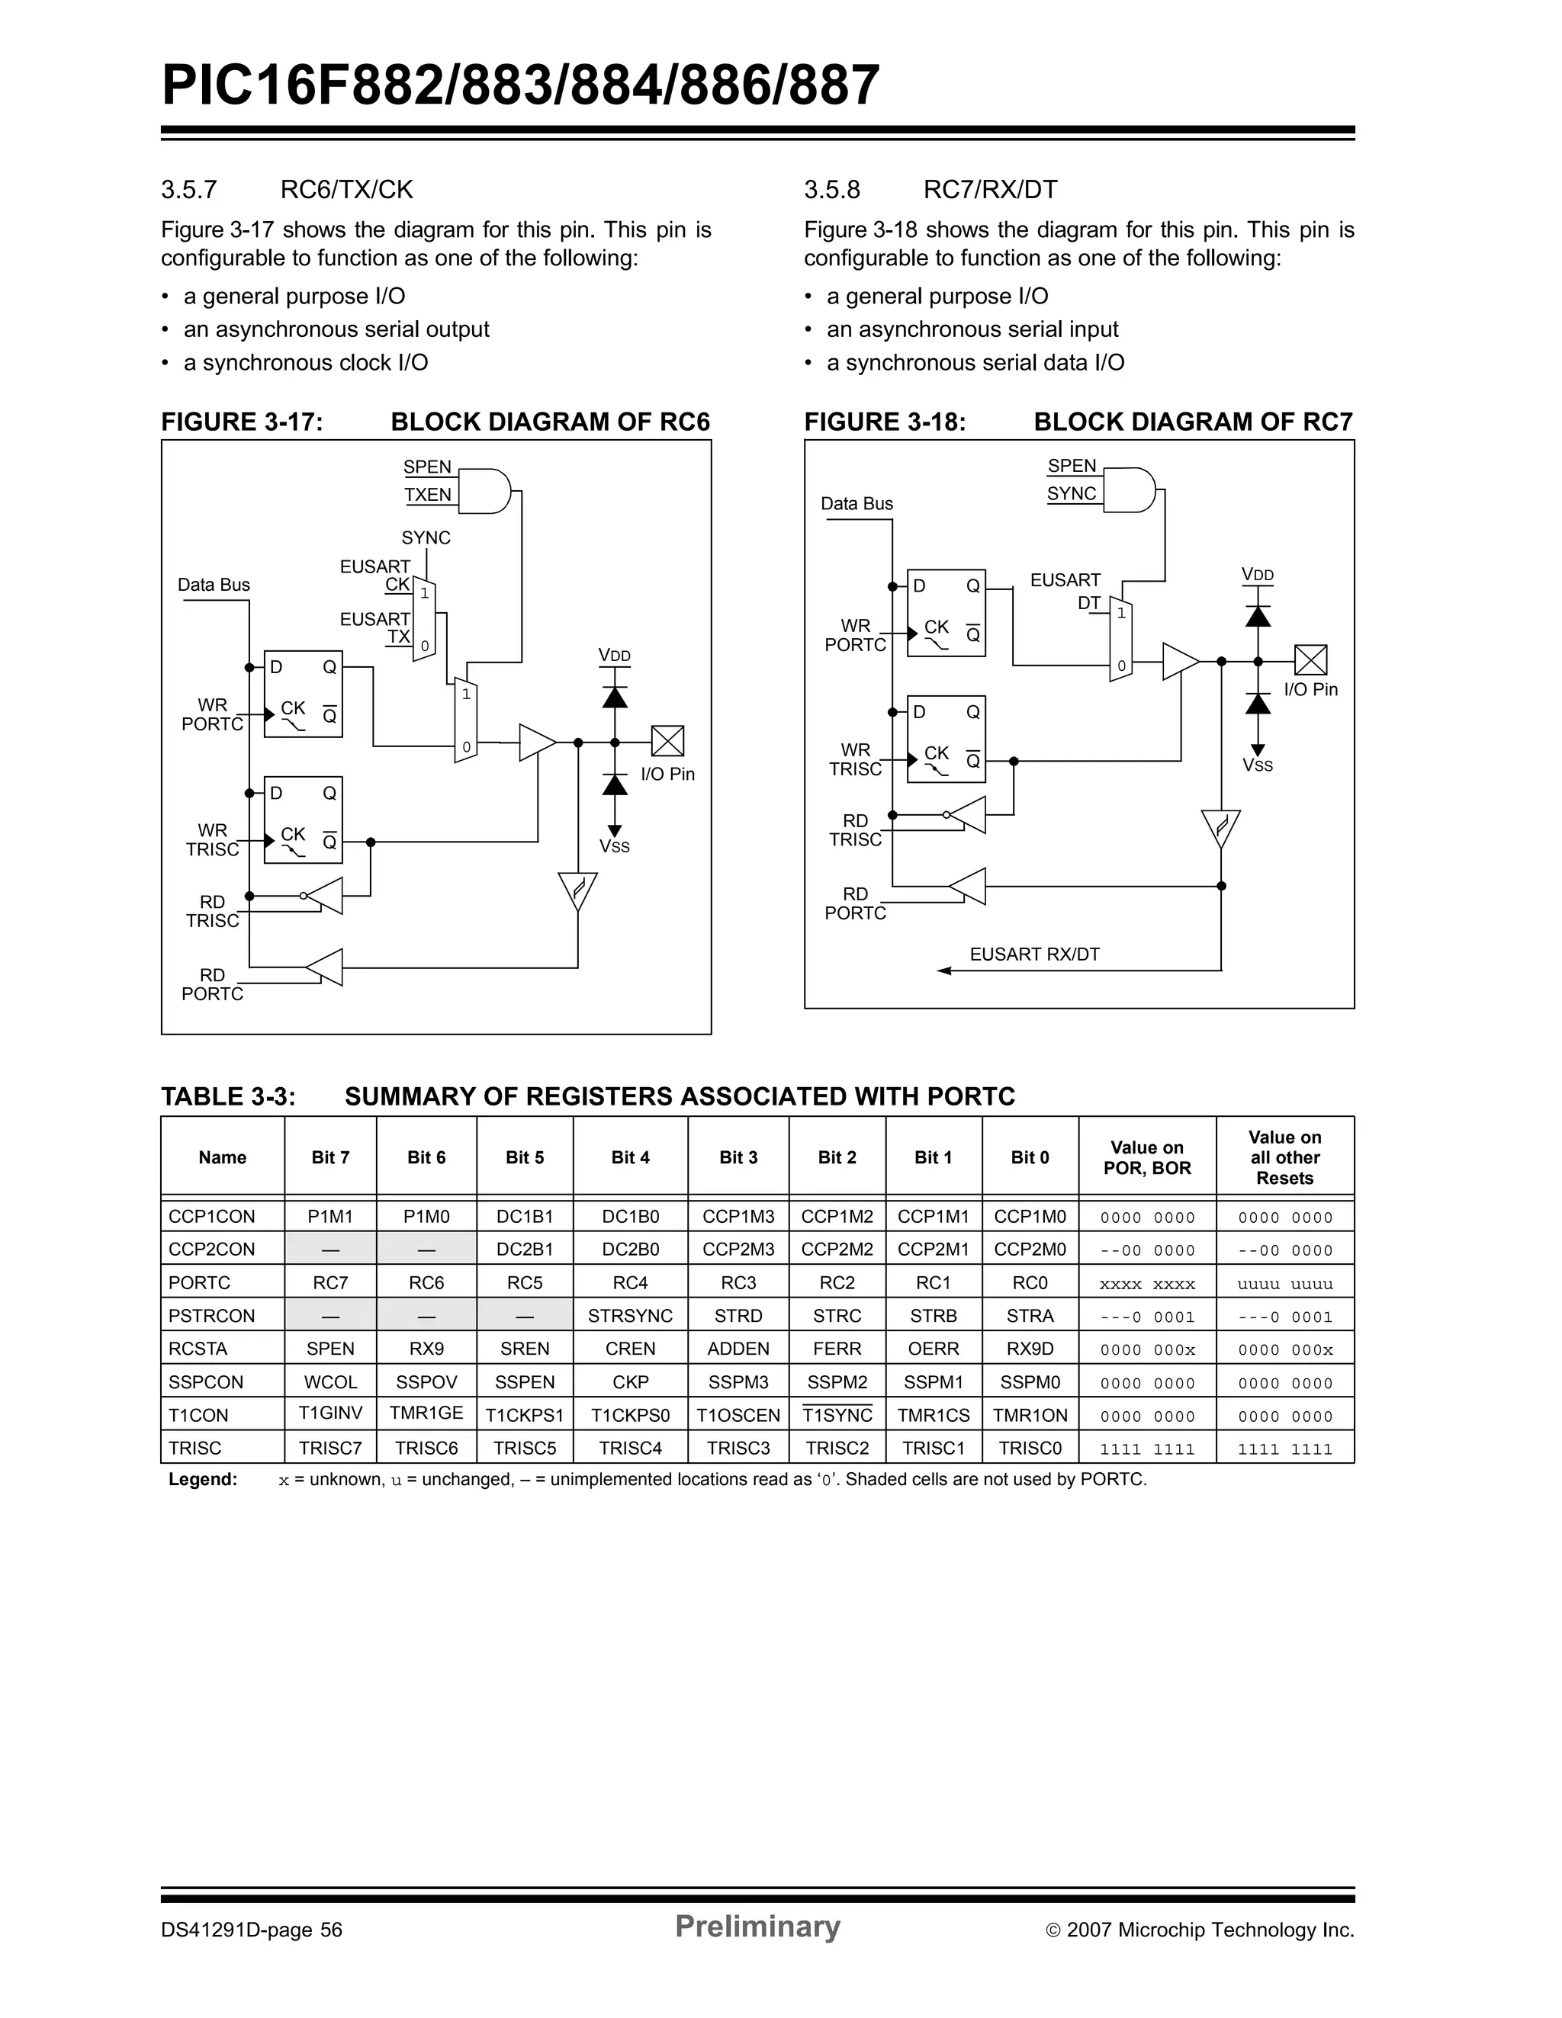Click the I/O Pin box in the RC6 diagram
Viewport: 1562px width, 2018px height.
pyautogui.click(x=667, y=741)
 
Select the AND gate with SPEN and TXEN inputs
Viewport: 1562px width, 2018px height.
pyautogui.click(x=484, y=491)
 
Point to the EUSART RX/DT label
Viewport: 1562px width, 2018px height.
pyautogui.click(x=1034, y=954)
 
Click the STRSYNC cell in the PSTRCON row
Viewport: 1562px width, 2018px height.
pyautogui.click(x=630, y=1316)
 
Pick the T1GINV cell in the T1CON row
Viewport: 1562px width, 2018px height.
pyautogui.click(x=330, y=1413)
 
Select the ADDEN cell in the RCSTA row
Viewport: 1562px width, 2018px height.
pyautogui.click(x=738, y=1349)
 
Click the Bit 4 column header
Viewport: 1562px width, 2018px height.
pyautogui.click(x=630, y=1158)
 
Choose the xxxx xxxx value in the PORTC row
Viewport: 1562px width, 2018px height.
pyautogui.click(x=1147, y=1283)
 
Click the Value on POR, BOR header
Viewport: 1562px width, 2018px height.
pyautogui.click(x=1147, y=1158)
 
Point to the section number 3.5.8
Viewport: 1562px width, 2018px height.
pyautogui.click(x=832, y=191)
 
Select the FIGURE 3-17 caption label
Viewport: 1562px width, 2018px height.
pyautogui.click(x=243, y=422)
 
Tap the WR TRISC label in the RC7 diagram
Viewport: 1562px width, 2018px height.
pyautogui.click(x=855, y=759)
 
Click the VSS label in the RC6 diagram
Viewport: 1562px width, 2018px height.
pyautogui.click(x=615, y=846)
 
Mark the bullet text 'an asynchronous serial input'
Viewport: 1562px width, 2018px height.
pyautogui.click(x=972, y=330)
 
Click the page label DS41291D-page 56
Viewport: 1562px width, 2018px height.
pyautogui.click(x=252, y=1930)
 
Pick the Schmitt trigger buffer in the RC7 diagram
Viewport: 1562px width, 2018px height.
pyautogui.click(x=1220, y=828)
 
